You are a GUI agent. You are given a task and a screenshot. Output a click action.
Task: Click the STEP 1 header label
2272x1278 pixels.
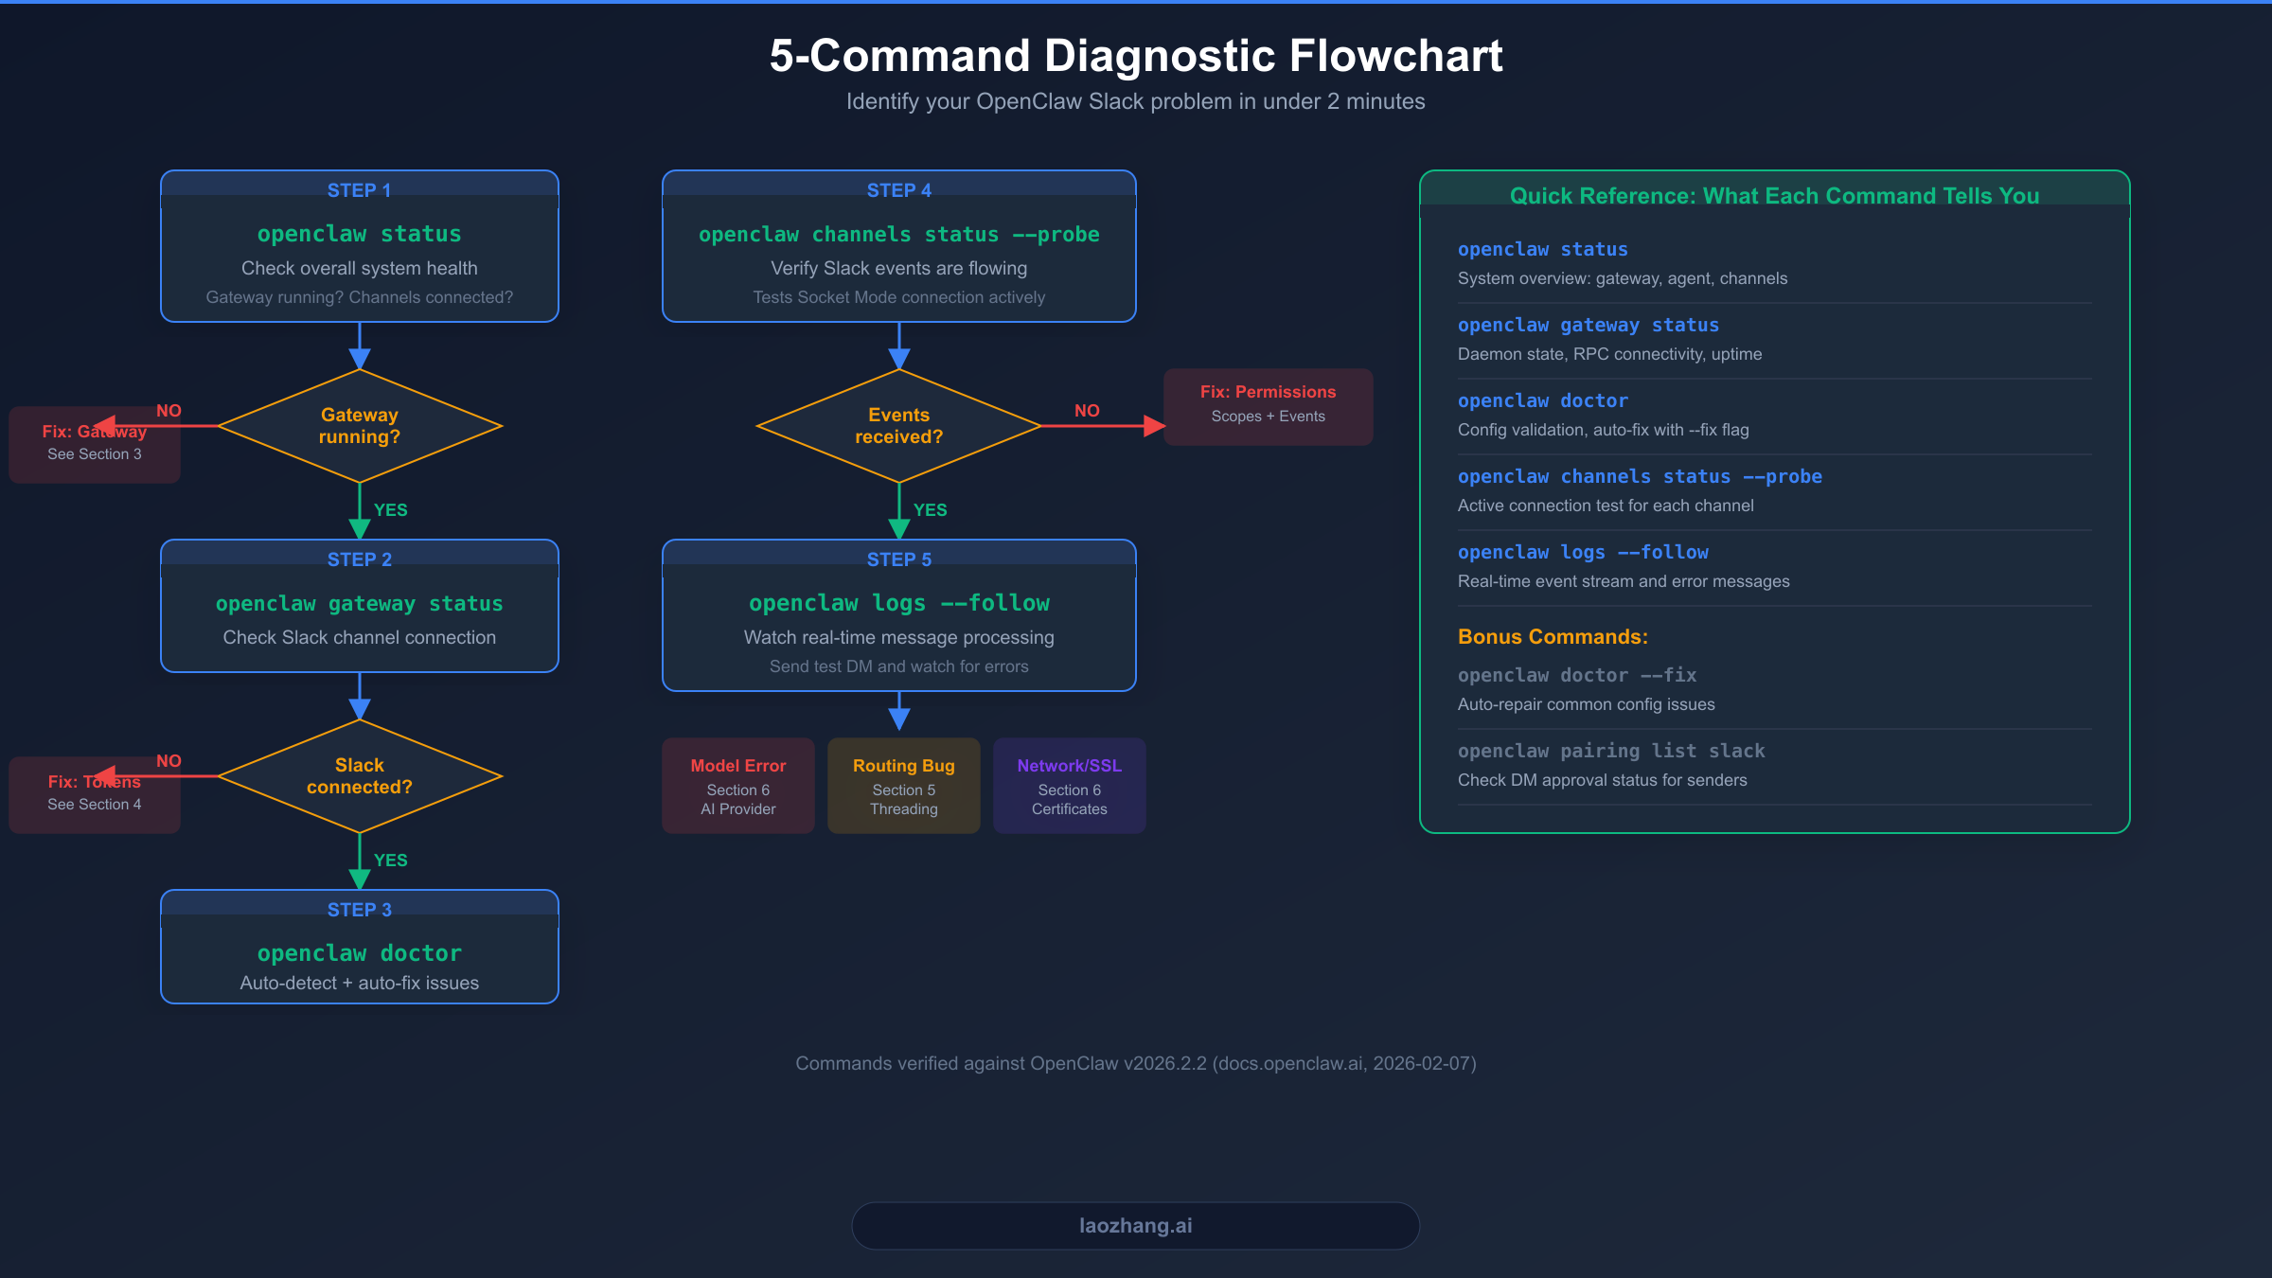[359, 190]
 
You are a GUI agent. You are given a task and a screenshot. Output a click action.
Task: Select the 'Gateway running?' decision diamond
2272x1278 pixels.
[359, 426]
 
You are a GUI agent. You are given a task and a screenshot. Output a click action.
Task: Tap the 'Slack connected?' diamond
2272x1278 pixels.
[359, 776]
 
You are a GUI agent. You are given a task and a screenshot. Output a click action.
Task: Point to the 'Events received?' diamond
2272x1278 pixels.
[898, 426]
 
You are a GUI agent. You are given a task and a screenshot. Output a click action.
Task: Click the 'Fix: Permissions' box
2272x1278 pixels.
[1268, 406]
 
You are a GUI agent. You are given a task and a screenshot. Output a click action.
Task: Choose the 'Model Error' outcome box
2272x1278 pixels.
[737, 786]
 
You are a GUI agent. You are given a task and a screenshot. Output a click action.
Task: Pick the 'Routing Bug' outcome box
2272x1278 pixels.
[903, 786]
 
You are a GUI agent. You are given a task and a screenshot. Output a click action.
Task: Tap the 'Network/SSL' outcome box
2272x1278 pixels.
[1069, 786]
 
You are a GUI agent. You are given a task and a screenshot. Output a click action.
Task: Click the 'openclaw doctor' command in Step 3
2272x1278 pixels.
[359, 953]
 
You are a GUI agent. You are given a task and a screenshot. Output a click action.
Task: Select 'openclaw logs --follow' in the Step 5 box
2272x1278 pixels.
[898, 603]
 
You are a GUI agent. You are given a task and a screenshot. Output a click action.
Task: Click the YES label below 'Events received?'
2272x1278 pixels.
[930, 510]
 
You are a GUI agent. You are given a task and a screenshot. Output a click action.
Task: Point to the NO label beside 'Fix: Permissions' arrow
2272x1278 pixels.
[1087, 411]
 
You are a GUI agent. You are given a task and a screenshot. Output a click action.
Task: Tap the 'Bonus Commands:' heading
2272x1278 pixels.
[1553, 637]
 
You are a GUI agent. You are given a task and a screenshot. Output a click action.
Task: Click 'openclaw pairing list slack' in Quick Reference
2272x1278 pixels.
[1610, 751]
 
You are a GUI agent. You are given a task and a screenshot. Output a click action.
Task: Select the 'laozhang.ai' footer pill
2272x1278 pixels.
[1135, 1226]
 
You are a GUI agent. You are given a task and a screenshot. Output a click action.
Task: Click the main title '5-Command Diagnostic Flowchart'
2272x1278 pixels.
[1135, 56]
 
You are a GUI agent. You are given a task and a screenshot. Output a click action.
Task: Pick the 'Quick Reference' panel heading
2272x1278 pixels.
[1774, 196]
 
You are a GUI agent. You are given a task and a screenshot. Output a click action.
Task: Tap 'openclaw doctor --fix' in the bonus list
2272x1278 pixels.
[1576, 675]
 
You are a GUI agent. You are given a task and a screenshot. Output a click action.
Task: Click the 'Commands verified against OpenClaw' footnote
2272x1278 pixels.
[1135, 1063]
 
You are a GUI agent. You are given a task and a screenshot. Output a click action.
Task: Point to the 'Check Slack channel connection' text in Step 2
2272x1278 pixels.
[359, 638]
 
